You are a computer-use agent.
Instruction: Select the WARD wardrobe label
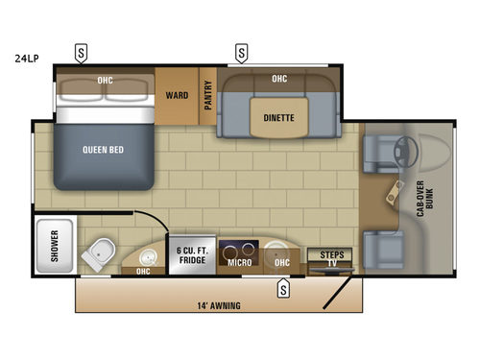(176, 95)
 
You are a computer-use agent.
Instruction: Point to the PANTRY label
(207, 96)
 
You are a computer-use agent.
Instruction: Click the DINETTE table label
(278, 118)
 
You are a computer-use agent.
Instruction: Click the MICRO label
(238, 260)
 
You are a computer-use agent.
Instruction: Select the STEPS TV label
(330, 256)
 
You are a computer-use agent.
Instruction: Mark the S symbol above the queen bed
(82, 52)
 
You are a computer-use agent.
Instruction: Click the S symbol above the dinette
(241, 52)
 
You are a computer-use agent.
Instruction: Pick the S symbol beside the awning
(283, 288)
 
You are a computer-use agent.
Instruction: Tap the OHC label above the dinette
(279, 79)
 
